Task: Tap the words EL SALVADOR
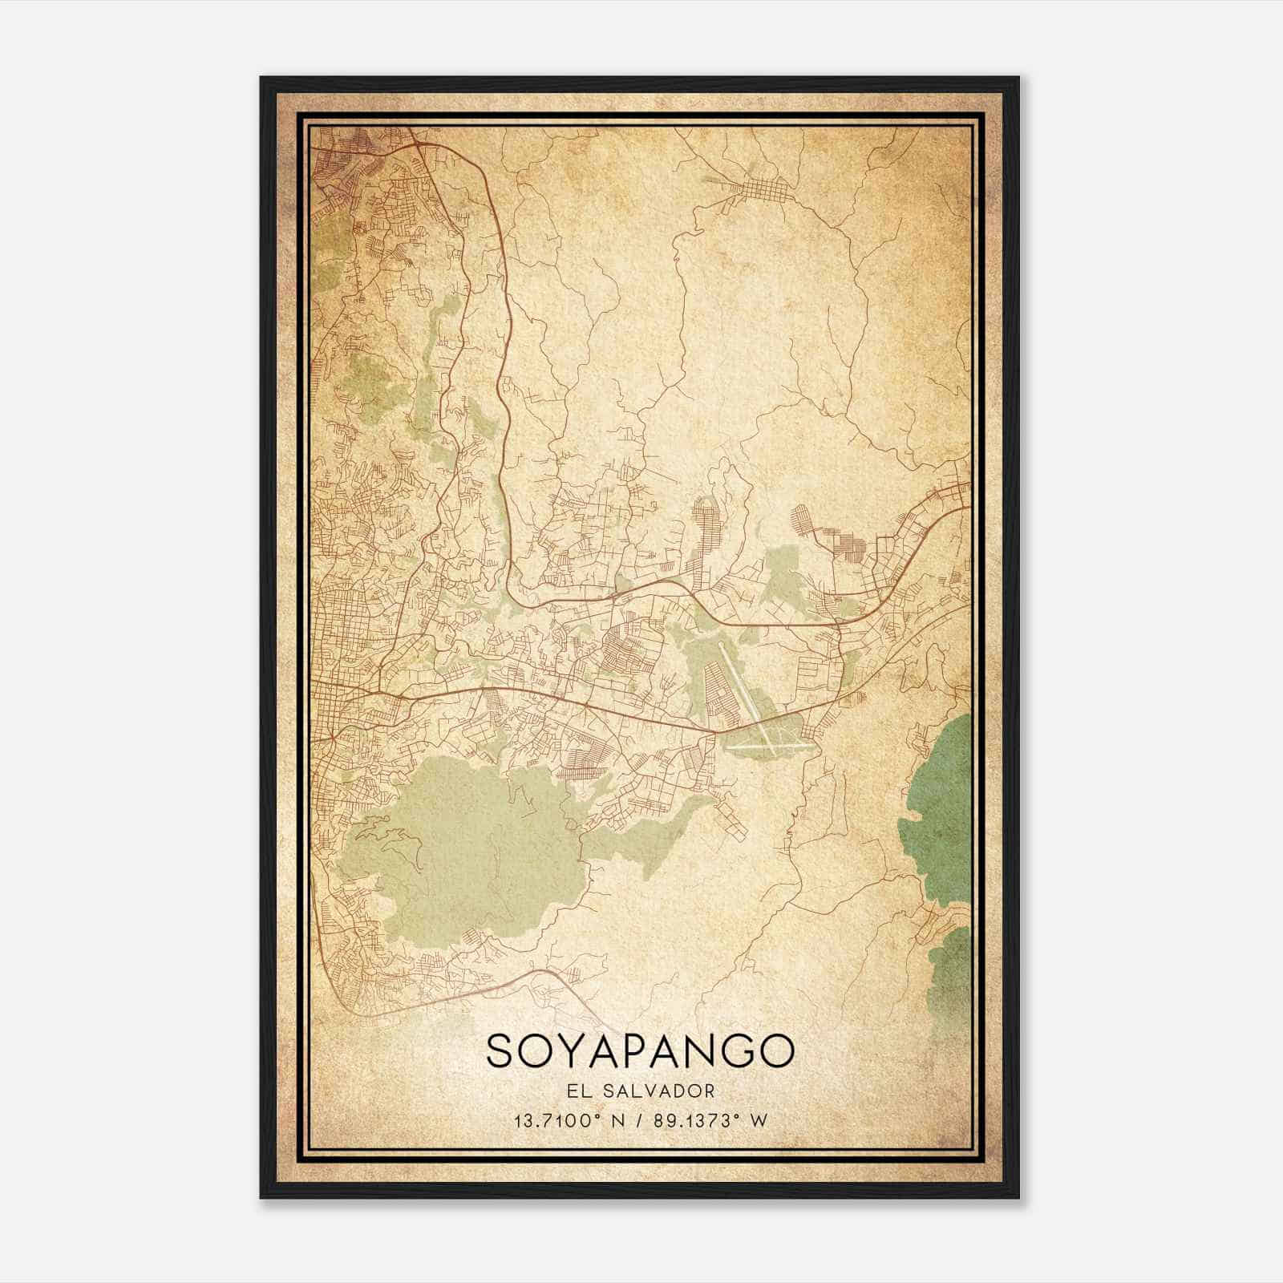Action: tap(640, 1091)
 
